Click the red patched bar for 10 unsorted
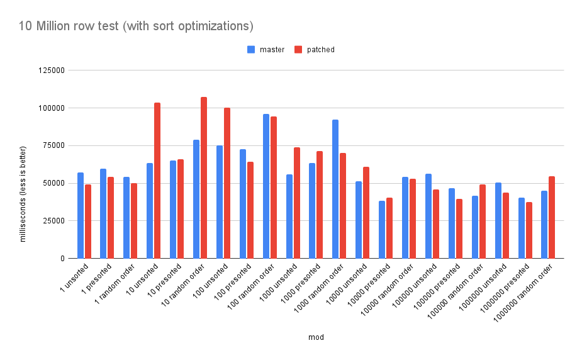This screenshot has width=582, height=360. pyautogui.click(x=157, y=181)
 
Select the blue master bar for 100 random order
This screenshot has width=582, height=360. pyautogui.click(x=266, y=186)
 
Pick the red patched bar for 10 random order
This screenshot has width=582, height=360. pyautogui.click(x=204, y=177)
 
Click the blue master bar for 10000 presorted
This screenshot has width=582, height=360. pyautogui.click(x=382, y=230)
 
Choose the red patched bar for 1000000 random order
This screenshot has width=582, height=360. pyautogui.click(x=552, y=217)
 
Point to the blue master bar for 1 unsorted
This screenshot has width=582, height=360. pyautogui.click(x=80, y=215)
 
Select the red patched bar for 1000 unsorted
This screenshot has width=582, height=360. pyautogui.click(x=297, y=203)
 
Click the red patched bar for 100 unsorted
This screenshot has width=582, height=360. pyautogui.click(x=227, y=183)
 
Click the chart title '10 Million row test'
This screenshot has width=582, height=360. pyautogui.click(x=128, y=26)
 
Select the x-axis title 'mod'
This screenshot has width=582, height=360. pyautogui.click(x=316, y=337)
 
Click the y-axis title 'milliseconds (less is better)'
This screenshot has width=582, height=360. pyautogui.click(x=23, y=194)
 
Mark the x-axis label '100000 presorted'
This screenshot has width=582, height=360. pyautogui.click(x=437, y=288)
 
